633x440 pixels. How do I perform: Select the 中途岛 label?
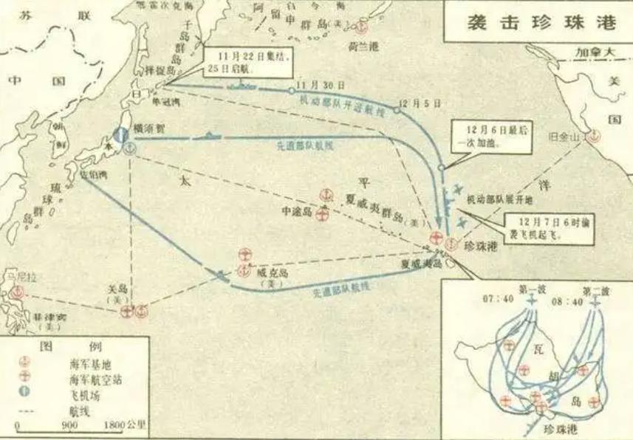coord(298,211)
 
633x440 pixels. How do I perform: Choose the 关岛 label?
coord(115,292)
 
